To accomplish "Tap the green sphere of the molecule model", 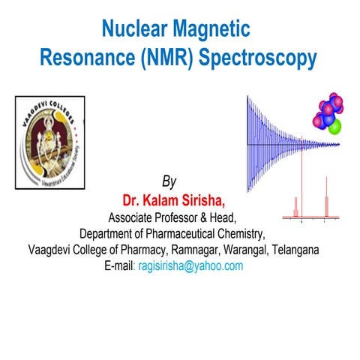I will point(334,124).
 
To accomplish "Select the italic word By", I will point(170,182).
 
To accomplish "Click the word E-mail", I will point(120,265).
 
